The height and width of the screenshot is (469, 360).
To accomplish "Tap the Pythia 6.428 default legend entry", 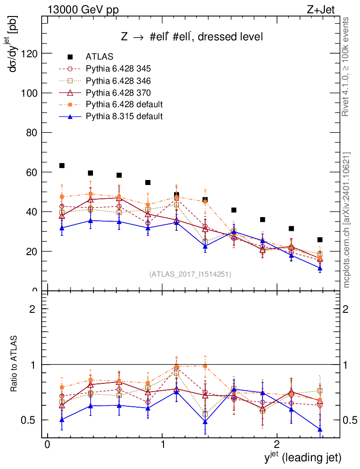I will tap(124, 104).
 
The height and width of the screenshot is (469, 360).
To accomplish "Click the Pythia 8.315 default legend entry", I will tap(124, 116).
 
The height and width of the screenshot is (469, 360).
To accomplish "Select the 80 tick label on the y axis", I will tap(31, 133).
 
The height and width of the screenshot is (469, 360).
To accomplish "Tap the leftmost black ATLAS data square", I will tap(62, 165).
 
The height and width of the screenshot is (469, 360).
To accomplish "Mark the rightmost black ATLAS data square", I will tap(320, 240).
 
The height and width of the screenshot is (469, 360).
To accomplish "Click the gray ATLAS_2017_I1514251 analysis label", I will tap(190, 274).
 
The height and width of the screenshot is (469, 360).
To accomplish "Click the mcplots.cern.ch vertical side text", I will tap(347, 220).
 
